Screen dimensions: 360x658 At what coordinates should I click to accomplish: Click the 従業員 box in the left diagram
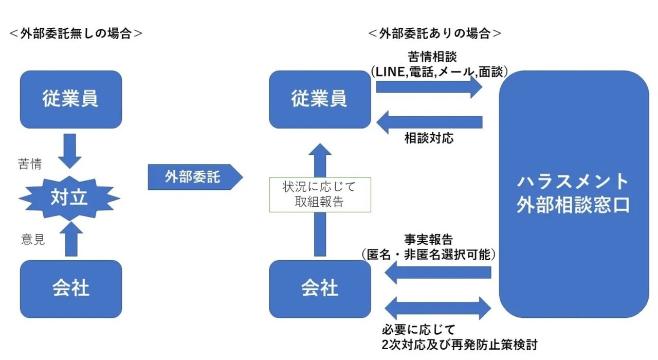pyautogui.click(x=70, y=99)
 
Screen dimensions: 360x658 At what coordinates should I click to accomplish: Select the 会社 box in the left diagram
pyautogui.click(x=70, y=289)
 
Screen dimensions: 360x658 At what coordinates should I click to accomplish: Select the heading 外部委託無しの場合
pyautogui.click(x=76, y=33)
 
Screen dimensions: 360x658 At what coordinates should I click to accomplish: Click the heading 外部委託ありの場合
pyautogui.click(x=435, y=33)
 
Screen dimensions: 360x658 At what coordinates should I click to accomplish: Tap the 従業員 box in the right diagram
pyautogui.click(x=319, y=99)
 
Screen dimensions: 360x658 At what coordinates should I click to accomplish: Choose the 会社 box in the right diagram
pyautogui.click(x=319, y=289)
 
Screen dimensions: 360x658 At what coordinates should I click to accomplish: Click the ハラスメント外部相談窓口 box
pyautogui.click(x=574, y=194)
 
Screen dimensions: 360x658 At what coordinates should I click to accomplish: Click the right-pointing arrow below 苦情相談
pyautogui.click(x=429, y=87)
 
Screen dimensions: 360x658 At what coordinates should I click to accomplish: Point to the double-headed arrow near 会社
pyautogui.click(x=438, y=308)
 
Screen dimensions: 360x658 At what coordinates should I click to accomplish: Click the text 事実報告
pyautogui.click(x=429, y=239)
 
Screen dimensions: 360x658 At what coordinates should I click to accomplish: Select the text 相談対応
pyautogui.click(x=429, y=139)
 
